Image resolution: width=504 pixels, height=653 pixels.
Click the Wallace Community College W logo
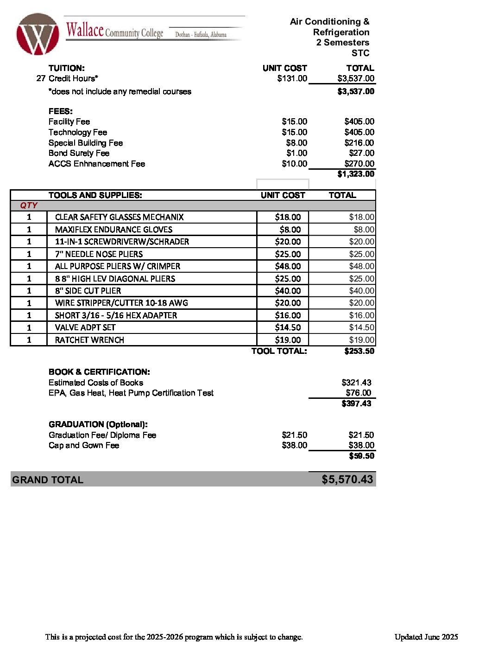38,34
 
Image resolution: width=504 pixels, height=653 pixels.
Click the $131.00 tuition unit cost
292,78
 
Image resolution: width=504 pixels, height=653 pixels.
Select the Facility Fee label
69,122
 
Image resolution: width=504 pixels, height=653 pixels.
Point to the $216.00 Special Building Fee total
359,143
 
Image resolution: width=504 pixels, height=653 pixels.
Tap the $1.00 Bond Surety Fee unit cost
296,153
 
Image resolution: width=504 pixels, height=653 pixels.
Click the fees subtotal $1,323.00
356,174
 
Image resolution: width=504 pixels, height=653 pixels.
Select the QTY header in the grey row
29,205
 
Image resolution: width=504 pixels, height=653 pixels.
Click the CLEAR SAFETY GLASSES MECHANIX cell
119,217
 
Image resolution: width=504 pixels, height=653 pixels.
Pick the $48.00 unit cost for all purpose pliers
288,266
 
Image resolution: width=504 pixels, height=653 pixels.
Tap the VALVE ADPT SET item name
85,327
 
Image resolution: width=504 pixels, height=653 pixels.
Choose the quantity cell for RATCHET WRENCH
29,340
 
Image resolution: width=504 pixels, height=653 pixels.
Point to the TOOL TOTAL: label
279,351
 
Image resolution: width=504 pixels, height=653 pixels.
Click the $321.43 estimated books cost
356,383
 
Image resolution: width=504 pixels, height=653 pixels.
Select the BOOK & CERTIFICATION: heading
99,372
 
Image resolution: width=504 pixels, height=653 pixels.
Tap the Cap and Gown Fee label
84,445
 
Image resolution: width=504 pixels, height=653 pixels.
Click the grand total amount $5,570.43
347,480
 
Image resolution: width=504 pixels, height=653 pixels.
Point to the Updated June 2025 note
426,637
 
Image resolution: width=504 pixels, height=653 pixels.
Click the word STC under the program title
360,53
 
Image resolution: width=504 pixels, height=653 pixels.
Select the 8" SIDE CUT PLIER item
88,291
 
